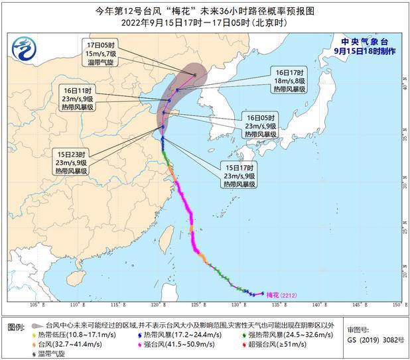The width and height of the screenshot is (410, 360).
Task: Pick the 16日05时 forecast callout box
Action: tap(260, 126)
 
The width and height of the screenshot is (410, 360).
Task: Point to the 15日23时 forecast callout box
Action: tap(72, 162)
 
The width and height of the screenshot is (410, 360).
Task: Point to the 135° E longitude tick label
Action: tap(277, 305)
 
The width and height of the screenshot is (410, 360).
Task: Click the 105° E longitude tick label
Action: tap(38, 305)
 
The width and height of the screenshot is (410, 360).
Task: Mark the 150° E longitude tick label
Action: tap(395, 305)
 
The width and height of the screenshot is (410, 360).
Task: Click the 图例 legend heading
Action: tap(17, 328)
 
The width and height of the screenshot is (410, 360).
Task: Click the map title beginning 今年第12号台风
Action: tap(205, 10)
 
